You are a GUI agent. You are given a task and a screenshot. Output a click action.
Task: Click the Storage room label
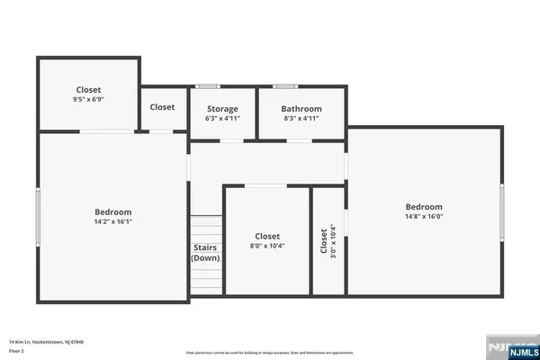point(222,108)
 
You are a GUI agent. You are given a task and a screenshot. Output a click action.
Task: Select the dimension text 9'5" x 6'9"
point(89,100)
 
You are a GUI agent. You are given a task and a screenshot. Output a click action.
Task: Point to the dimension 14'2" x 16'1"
point(113,221)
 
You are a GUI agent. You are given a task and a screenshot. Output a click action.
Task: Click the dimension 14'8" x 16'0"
point(424,216)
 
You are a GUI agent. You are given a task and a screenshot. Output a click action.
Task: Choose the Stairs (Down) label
point(205,253)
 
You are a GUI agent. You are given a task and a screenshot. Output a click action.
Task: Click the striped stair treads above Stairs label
point(205,228)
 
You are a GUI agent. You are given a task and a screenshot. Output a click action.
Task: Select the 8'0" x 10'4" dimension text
point(267,246)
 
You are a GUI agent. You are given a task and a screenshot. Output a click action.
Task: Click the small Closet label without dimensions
point(162,107)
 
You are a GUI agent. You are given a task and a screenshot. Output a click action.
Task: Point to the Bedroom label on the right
point(424,206)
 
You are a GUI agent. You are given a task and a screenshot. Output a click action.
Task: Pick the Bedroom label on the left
point(113,211)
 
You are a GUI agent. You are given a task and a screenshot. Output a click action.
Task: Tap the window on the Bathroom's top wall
point(286,86)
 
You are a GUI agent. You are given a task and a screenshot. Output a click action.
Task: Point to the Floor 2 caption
point(17,350)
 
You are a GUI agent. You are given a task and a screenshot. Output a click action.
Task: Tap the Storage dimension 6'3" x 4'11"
point(222,118)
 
